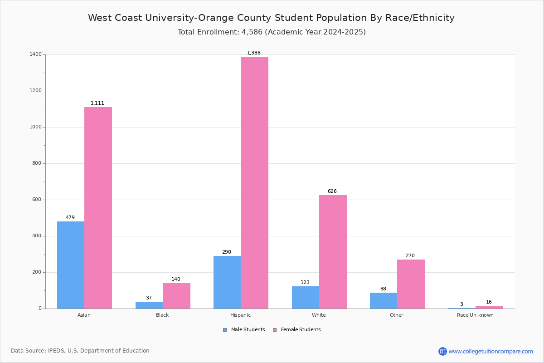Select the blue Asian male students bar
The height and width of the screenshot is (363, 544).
[x=71, y=265]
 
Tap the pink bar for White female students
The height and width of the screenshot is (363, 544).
[x=333, y=252]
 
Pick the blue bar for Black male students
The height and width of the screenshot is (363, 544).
[x=149, y=305]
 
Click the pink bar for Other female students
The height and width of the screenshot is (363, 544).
[x=411, y=284]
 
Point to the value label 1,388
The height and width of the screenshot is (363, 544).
[x=254, y=53]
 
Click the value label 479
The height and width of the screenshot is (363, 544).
[x=70, y=218]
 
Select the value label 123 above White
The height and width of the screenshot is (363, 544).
[x=305, y=283]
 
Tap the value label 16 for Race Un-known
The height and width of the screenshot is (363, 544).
[x=489, y=302]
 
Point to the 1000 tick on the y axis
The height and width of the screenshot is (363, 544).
[x=36, y=127]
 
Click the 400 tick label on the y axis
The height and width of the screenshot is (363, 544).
[x=37, y=236]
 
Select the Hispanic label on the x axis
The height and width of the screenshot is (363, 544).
[x=240, y=315]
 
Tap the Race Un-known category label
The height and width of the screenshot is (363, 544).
[x=475, y=315]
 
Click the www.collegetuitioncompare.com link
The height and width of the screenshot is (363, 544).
[x=491, y=352]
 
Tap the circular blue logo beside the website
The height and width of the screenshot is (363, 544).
[x=442, y=352]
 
